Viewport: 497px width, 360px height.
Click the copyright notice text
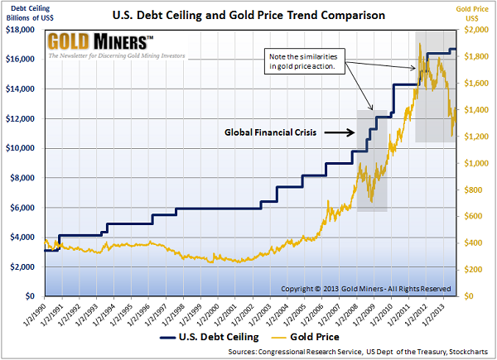tap(365, 288)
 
